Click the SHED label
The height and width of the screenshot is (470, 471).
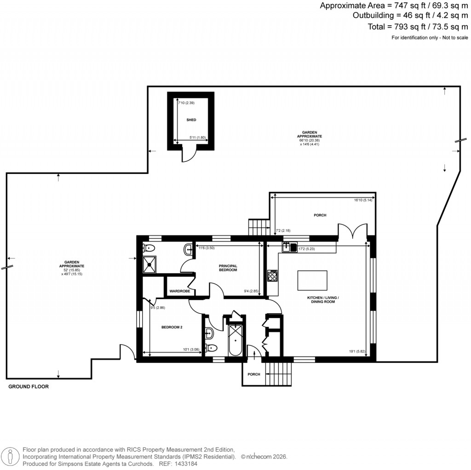tap(191, 120)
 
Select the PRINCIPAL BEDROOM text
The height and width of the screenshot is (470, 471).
tap(228, 268)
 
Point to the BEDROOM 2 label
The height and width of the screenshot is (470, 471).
tap(172, 327)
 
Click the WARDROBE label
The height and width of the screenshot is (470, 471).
tap(179, 291)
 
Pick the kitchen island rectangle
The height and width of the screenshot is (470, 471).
tap(312, 279)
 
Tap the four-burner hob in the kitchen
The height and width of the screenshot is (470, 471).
tap(272, 276)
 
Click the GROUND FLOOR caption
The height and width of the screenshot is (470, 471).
tap(29, 387)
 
